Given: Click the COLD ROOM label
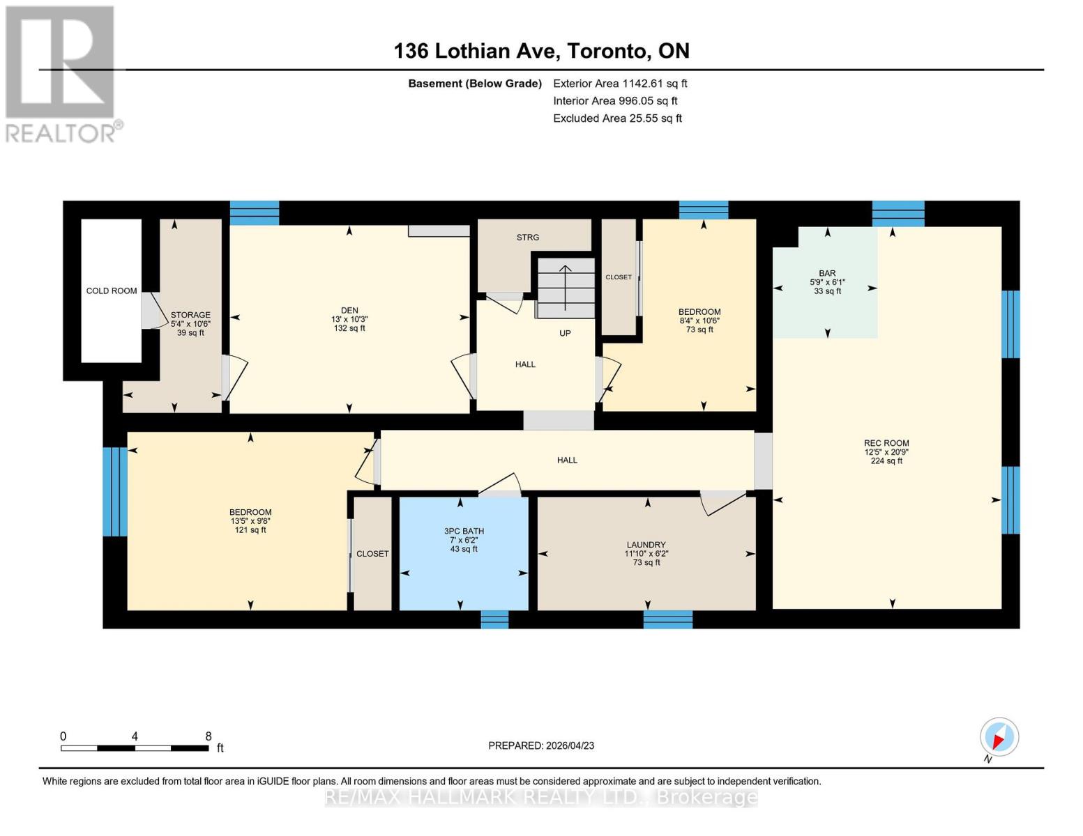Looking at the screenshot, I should coord(112,291).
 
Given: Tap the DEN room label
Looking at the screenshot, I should coord(349,311).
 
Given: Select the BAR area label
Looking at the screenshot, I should coord(827,274).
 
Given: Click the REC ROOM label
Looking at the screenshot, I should coord(886,443).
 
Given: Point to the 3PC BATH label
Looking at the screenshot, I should coord(464,531).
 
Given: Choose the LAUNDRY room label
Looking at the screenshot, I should coord(646,545).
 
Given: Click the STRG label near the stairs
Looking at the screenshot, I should coord(528,238).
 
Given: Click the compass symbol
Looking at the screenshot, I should coord(999,737).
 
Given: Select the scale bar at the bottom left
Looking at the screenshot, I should coord(135,748).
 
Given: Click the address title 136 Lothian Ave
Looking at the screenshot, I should coord(541,51).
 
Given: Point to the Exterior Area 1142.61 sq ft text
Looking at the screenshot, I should coord(620,84).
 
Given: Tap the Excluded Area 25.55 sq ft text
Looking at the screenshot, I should coord(617,118).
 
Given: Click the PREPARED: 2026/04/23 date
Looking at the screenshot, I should coord(541,745).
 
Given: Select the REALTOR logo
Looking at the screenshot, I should coord(61,73).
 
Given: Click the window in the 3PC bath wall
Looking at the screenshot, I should coord(494,619).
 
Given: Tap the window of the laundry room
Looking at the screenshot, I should coord(667,619).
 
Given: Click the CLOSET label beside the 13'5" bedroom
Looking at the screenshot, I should coord(372,554).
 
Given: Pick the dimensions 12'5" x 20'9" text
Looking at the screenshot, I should coord(886,452).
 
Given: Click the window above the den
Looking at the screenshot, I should coord(255,212).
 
